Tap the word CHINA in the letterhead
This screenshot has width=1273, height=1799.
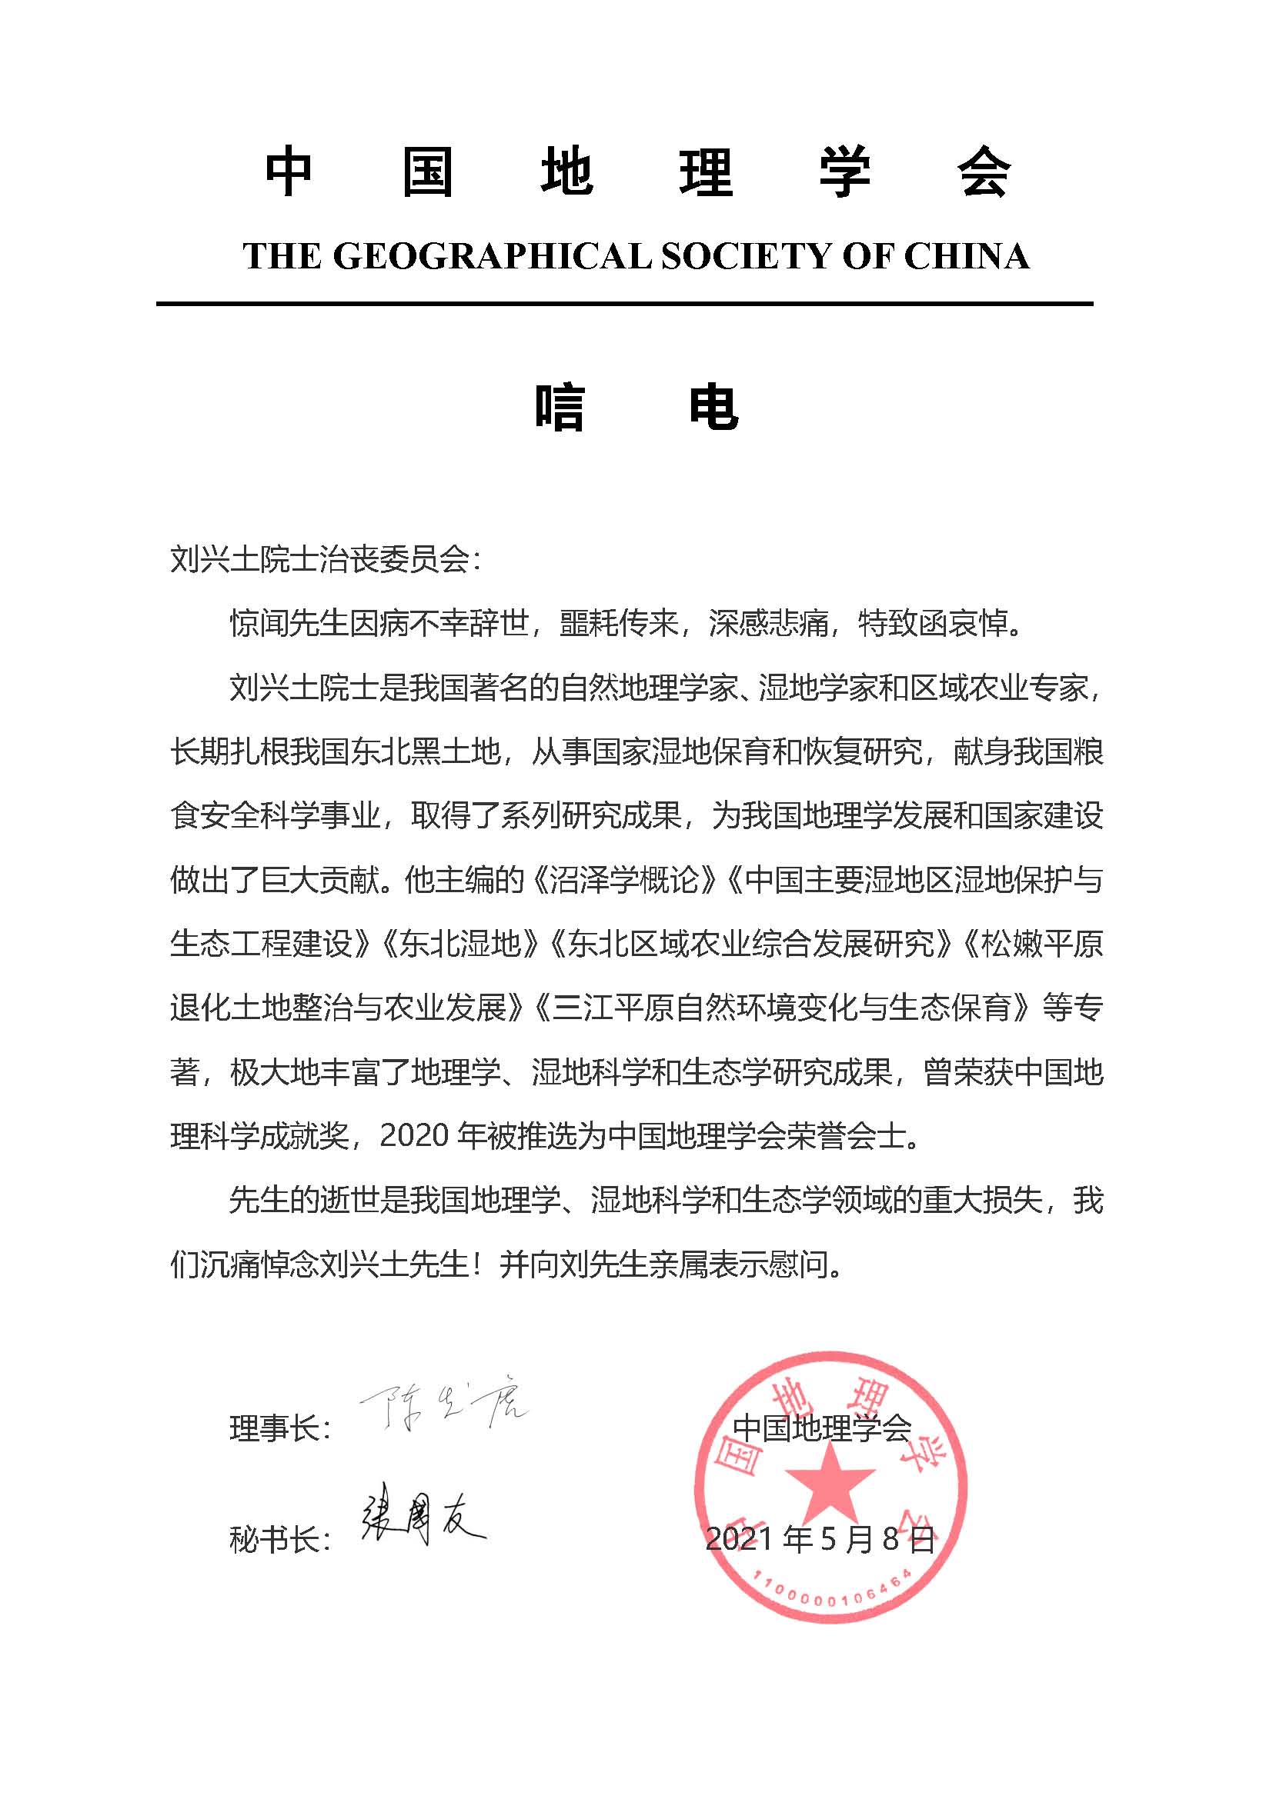(967, 256)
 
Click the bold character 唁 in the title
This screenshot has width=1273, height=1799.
(560, 407)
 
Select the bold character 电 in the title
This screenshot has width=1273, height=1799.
(713, 407)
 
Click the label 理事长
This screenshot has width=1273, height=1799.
(274, 1428)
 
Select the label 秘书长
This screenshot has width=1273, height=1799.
(274, 1540)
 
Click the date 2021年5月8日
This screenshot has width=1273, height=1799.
(820, 1539)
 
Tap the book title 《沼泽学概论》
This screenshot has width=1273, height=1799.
(624, 880)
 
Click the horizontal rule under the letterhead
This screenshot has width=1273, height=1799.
(624, 303)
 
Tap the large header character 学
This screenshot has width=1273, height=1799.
(845, 172)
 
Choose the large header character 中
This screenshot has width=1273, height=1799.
(289, 172)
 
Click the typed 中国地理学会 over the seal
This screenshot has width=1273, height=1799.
(821, 1428)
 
